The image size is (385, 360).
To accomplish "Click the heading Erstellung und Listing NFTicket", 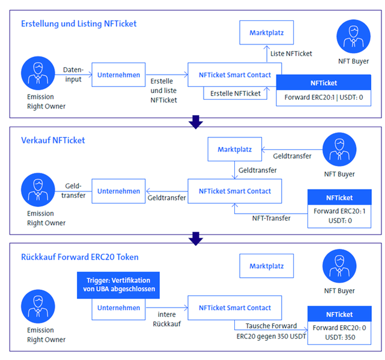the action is [79, 24].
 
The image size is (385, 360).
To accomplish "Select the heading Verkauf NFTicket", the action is [53, 140].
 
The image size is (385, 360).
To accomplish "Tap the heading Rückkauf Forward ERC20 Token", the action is [80, 257].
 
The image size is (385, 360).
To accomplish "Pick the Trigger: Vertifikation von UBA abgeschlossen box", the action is [118, 285].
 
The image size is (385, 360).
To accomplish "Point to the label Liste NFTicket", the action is [291, 54].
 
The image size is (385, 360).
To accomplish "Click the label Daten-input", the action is [73, 74].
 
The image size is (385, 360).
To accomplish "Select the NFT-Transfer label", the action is [271, 218].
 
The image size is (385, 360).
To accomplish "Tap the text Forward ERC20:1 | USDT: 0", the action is [324, 97].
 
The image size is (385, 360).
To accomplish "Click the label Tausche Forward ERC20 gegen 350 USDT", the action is [271, 331].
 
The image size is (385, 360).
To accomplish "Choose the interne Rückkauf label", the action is [167, 319].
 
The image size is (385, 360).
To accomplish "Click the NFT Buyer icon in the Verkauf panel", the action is [339, 149].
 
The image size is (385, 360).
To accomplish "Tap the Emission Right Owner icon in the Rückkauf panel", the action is [38, 306].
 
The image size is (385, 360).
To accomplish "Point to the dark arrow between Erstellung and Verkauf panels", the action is [196, 122].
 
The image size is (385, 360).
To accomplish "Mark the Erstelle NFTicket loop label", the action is [235, 94].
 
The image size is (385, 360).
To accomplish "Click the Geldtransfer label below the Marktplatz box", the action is [258, 170].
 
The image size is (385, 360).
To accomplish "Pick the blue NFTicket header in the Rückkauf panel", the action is [339, 314].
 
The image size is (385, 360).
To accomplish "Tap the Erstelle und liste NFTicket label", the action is [163, 91].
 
